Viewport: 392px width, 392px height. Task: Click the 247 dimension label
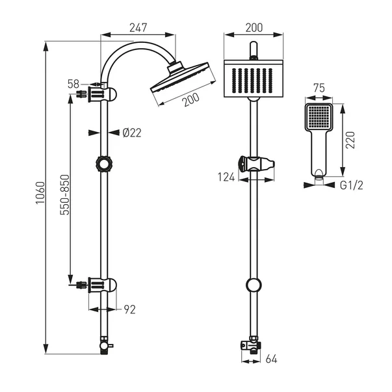(138, 28)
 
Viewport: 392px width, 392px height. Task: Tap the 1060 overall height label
(40, 193)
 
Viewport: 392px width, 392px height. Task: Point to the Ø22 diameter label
(132, 133)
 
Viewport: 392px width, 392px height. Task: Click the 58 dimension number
(73, 85)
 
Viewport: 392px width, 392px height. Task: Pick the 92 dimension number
(130, 309)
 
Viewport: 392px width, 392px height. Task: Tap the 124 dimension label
(226, 177)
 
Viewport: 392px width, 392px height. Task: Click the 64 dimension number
(271, 359)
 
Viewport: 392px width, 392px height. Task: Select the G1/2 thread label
(351, 185)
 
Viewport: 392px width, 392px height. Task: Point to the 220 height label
(350, 140)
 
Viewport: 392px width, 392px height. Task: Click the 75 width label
(319, 88)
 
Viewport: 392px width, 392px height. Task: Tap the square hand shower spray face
(319, 117)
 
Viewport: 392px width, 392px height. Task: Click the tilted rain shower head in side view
(183, 78)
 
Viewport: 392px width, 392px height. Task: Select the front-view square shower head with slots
(254, 79)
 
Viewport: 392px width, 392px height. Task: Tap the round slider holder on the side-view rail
(104, 164)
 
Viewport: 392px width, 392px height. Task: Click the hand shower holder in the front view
(257, 164)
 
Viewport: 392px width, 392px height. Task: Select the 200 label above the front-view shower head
(254, 28)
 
